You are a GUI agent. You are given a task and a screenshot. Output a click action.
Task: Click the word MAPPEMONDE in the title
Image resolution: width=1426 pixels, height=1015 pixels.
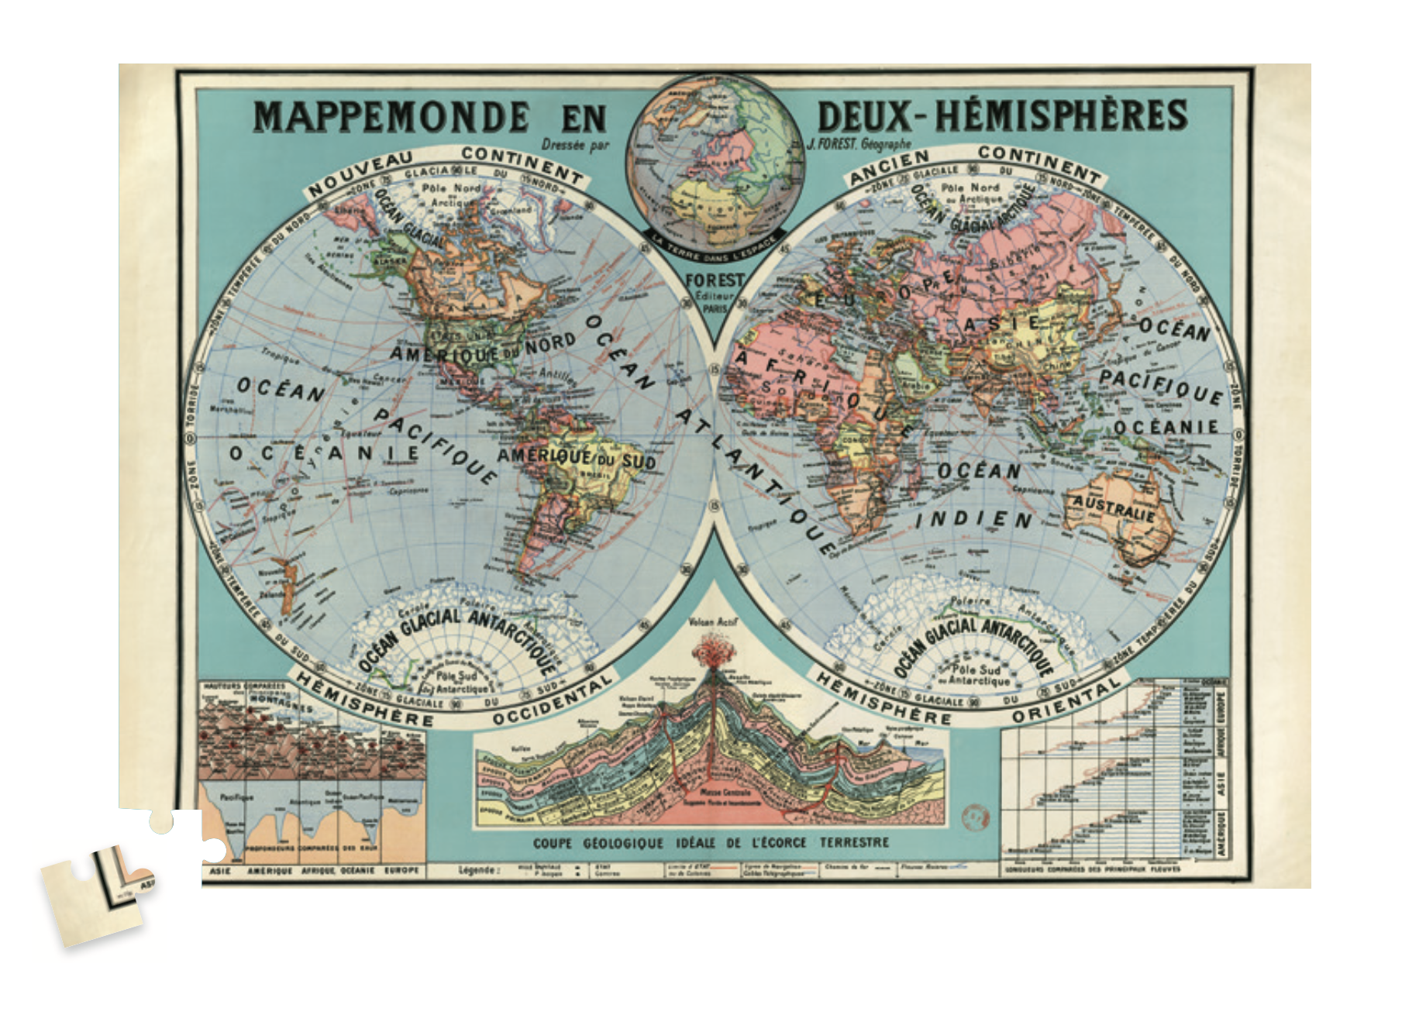pyautogui.click(x=391, y=117)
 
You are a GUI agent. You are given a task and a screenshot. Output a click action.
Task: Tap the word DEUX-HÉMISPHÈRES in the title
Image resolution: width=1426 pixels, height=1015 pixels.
pyautogui.click(x=1002, y=116)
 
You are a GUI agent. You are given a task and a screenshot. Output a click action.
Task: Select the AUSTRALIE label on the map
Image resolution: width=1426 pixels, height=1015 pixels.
pyautogui.click(x=1114, y=508)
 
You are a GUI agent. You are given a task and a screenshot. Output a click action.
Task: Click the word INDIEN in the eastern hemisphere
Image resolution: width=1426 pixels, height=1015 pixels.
pyautogui.click(x=974, y=519)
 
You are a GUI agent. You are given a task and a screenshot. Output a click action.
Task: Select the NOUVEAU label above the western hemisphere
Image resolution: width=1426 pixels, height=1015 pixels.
pyautogui.click(x=361, y=174)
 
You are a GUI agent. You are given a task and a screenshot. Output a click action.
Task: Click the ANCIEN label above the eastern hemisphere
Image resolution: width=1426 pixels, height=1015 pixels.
pyautogui.click(x=889, y=167)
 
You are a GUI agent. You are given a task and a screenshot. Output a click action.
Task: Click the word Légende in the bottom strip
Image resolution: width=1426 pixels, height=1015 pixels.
pyautogui.click(x=477, y=871)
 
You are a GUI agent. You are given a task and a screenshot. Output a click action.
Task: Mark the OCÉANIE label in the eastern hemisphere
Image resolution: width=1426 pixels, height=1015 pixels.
pyautogui.click(x=1165, y=428)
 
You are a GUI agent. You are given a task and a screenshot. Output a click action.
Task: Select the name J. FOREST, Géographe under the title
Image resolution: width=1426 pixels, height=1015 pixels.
pyautogui.click(x=859, y=144)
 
